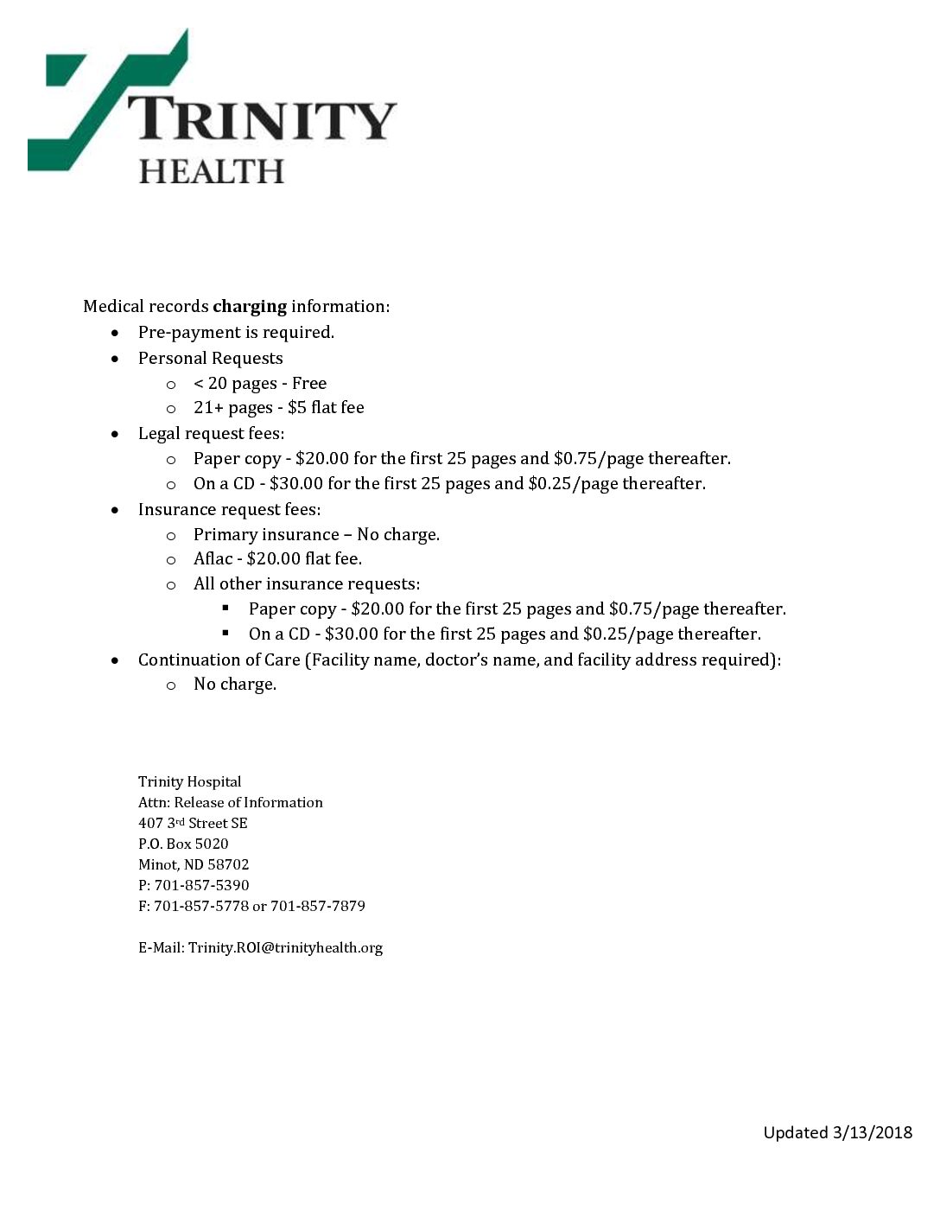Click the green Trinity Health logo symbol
point(95,104)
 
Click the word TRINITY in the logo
point(262,118)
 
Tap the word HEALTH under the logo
point(212,171)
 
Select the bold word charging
point(250,306)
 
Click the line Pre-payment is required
point(236,332)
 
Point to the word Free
point(309,383)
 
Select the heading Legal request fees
point(211,433)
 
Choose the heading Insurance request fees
point(229,509)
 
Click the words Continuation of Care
point(219,659)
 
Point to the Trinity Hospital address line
point(190,781)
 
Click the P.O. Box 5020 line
point(183,844)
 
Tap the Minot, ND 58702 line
point(194,864)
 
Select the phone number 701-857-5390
point(201,885)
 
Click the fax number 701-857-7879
point(318,906)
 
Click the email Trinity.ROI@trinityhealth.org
point(285,947)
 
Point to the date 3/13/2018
point(873,1132)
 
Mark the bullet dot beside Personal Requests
point(115,359)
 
